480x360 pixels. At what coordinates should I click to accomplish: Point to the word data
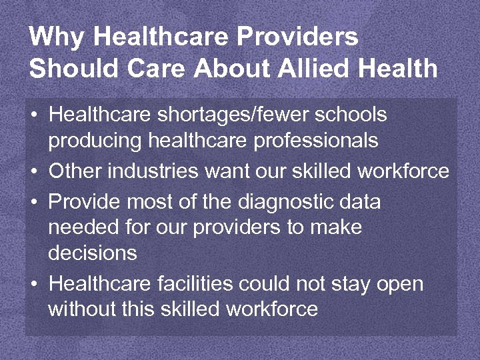[359, 201]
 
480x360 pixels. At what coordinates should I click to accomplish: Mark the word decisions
[93, 254]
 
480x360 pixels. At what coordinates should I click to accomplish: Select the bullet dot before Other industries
[34, 172]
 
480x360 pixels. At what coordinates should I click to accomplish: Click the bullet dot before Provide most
[34, 202]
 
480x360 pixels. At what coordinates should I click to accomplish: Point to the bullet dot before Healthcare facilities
[34, 285]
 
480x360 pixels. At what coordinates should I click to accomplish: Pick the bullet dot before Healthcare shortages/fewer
[34, 115]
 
